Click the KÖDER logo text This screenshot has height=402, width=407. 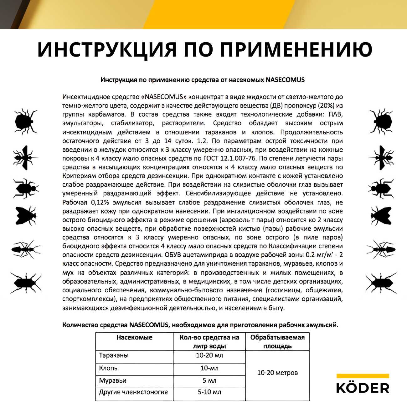point(363,388)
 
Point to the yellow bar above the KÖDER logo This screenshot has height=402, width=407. point(363,376)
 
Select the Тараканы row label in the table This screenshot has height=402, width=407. point(114,355)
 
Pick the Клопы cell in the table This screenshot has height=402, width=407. point(109,368)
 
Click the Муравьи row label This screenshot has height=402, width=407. point(112,381)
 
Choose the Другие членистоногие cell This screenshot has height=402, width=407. point(133,392)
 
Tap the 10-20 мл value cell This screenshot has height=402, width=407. point(209,355)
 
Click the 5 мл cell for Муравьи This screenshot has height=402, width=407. point(209,381)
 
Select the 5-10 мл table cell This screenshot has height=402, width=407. point(209,392)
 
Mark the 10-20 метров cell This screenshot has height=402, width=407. point(277,373)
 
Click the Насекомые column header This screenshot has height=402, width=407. point(134,338)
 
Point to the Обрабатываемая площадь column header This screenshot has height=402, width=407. point(277,342)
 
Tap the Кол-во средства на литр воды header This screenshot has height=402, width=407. point(209,342)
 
